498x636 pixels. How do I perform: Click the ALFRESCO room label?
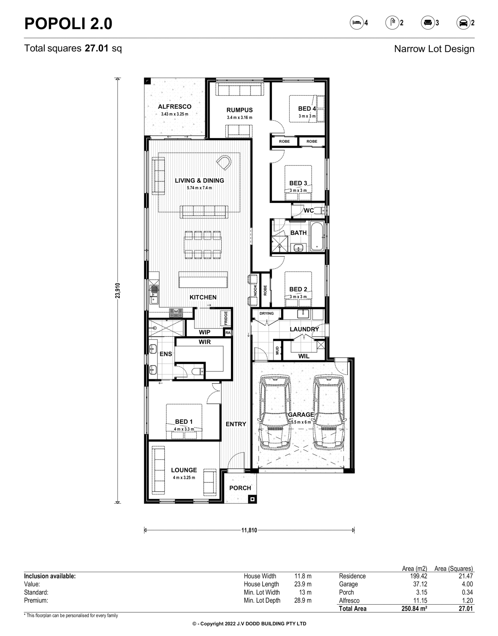tap(175, 107)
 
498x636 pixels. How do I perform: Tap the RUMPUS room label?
tap(239, 110)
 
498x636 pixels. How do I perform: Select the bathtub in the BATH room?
tap(317, 237)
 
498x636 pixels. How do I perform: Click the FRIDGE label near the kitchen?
tap(226, 318)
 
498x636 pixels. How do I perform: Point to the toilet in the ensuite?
tap(198, 371)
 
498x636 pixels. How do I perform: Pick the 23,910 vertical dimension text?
tap(118, 290)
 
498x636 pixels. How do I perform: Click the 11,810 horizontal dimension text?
tap(249, 530)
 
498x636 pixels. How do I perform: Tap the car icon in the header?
tap(463, 22)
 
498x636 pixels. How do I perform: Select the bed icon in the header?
tap(357, 22)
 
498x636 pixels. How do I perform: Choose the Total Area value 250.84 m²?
tap(414, 609)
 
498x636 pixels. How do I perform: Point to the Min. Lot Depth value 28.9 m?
tap(303, 601)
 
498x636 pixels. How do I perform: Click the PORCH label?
tap(240, 488)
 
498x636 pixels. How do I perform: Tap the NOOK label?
tap(255, 290)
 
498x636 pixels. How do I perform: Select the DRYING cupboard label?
tap(267, 313)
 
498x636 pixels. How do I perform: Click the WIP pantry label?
tap(205, 332)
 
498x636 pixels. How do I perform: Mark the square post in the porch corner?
tap(252, 499)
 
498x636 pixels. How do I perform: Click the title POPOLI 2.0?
tap(68, 24)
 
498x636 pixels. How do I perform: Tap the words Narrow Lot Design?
tap(434, 49)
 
